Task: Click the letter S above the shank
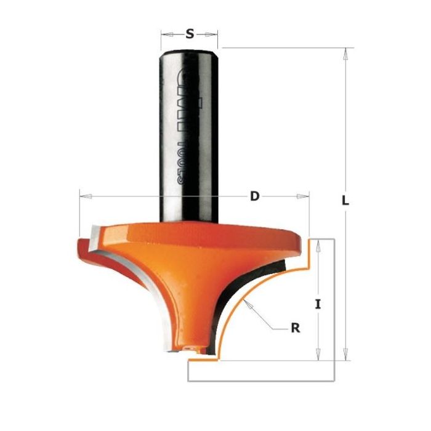pyautogui.click(x=190, y=34)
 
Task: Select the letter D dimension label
pyautogui.click(x=254, y=197)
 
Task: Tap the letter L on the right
pyautogui.click(x=346, y=201)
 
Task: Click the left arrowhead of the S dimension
pyautogui.click(x=163, y=34)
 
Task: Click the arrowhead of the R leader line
pyautogui.click(x=244, y=302)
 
